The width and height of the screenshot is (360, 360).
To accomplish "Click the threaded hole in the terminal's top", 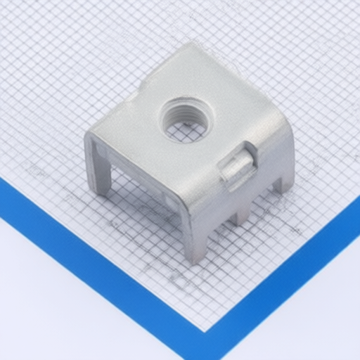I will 186,120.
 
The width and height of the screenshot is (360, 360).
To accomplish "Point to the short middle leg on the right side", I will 240,211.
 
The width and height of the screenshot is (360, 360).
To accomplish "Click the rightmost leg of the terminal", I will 284,181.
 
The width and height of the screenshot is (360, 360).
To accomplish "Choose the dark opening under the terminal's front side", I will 141,183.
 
